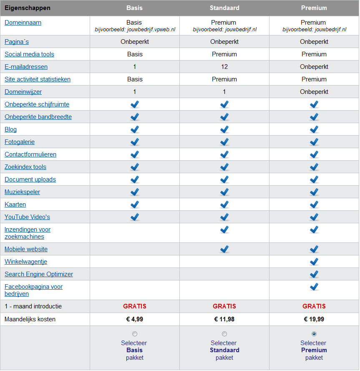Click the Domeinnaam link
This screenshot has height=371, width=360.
[x=23, y=23]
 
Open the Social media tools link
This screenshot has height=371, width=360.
[x=29, y=54]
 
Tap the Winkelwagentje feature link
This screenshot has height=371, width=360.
[x=26, y=262]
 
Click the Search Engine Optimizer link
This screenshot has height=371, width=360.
[x=39, y=274]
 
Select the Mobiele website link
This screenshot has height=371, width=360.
[x=26, y=249]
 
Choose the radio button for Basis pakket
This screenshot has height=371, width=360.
[x=135, y=334]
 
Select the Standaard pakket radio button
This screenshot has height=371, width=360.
[x=224, y=334]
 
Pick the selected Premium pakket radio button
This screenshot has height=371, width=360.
[x=314, y=334]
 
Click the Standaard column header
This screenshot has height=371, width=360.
[x=224, y=8]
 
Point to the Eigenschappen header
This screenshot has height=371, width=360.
[x=28, y=8]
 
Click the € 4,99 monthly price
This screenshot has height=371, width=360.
[x=135, y=319]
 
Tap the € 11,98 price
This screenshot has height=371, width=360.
[x=224, y=319]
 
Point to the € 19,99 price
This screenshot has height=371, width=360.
[x=314, y=319]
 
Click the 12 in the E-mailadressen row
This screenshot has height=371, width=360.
[x=224, y=67]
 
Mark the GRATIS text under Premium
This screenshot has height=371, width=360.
[x=314, y=306]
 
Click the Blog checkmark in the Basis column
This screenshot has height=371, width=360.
[x=135, y=129]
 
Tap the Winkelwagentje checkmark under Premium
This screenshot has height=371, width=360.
[x=314, y=262]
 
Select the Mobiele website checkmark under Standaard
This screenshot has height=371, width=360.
[x=224, y=249]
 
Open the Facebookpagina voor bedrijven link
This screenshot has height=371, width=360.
[x=33, y=290]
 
